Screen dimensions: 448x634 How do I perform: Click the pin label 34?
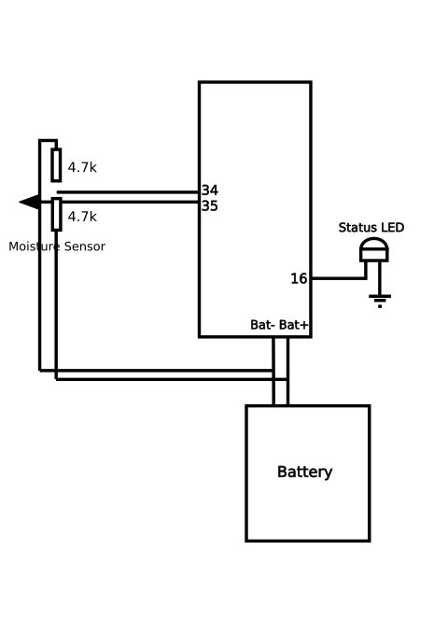click(x=210, y=190)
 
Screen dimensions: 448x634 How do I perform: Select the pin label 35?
click(x=210, y=205)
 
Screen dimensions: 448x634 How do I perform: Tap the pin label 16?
click(x=299, y=278)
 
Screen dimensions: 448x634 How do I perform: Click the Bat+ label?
click(x=294, y=325)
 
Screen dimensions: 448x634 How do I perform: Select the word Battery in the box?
click(x=305, y=472)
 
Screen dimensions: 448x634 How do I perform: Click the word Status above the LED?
click(x=357, y=228)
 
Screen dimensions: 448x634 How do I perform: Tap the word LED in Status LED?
click(x=391, y=228)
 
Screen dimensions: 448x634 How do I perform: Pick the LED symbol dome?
click(x=374, y=244)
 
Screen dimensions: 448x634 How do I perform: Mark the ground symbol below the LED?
click(x=380, y=301)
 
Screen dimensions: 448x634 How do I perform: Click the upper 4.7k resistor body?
click(x=56, y=165)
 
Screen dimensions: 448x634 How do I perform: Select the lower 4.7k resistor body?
click(x=56, y=215)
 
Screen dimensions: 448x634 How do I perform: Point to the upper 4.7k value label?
click(x=82, y=167)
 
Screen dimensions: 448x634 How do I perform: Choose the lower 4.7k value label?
click(x=82, y=217)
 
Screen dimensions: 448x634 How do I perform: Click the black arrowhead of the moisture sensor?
click(x=30, y=202)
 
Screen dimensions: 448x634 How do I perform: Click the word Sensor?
click(x=85, y=247)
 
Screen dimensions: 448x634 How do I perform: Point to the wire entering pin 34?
click(x=128, y=192)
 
